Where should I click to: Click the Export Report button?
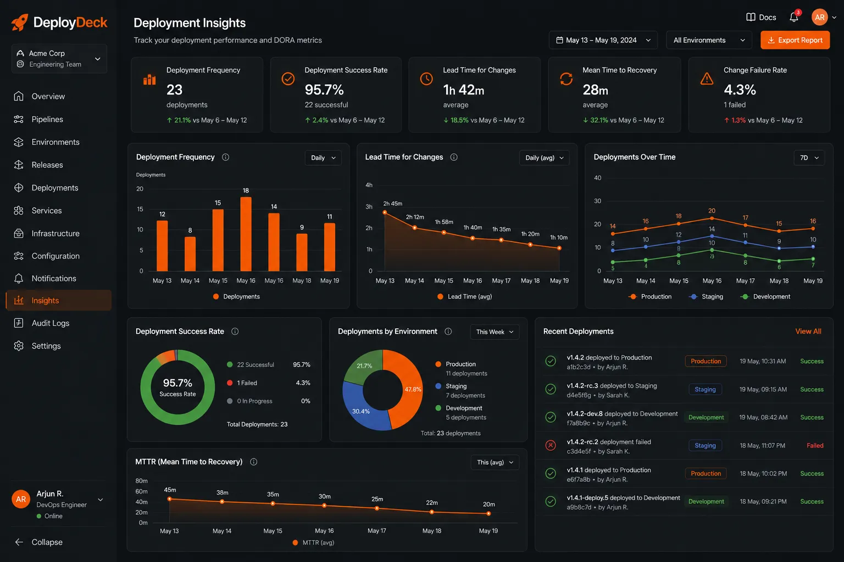[795, 40]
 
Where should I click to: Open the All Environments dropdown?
[709, 40]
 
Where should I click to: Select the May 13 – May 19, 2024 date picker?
[603, 40]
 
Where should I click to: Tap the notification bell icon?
[793, 18]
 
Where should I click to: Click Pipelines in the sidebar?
[47, 119]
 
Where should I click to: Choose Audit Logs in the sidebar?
[50, 323]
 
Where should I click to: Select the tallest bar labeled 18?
[246, 234]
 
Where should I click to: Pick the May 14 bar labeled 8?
[190, 254]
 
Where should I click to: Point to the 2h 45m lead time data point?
[385, 213]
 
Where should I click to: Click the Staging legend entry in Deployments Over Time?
[706, 296]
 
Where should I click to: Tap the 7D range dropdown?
[809, 158]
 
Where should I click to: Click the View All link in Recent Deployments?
[808, 331]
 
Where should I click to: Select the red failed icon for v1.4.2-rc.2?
[551, 445]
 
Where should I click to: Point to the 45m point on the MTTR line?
[170, 499]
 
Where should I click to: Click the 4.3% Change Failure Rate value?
[740, 89]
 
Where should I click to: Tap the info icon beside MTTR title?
[253, 462]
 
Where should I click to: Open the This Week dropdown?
[495, 332]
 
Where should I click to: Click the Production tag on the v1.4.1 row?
[706, 474]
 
